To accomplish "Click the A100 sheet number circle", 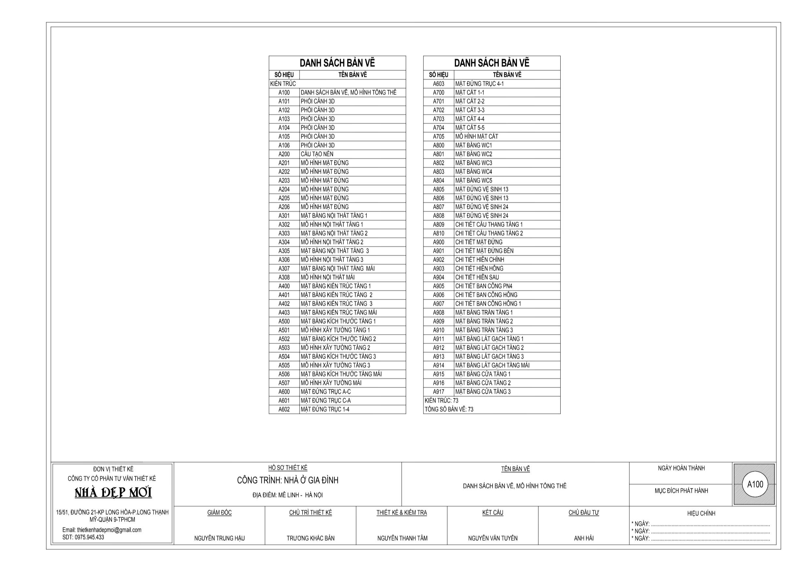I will (x=755, y=484).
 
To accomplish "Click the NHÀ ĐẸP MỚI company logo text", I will (x=113, y=492).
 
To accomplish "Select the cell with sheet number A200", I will (x=284, y=154).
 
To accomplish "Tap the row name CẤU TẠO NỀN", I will (x=317, y=154).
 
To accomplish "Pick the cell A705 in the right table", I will (x=438, y=136).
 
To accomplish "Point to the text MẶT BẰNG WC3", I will (x=474, y=163).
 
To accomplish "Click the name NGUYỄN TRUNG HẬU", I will (x=219, y=538).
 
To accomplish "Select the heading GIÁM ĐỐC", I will (x=219, y=512).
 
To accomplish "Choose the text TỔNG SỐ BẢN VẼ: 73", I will (x=449, y=409).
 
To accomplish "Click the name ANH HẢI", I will (x=583, y=538).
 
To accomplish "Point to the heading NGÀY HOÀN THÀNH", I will (x=681, y=468).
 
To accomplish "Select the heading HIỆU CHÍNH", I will (x=701, y=513).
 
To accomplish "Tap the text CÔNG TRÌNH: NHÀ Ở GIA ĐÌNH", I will (x=287, y=480).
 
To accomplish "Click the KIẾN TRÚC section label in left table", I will (x=283, y=83).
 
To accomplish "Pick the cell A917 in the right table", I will (x=438, y=391).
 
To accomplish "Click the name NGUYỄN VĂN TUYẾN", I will (x=493, y=538).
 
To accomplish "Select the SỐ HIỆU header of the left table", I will (x=284, y=75).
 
